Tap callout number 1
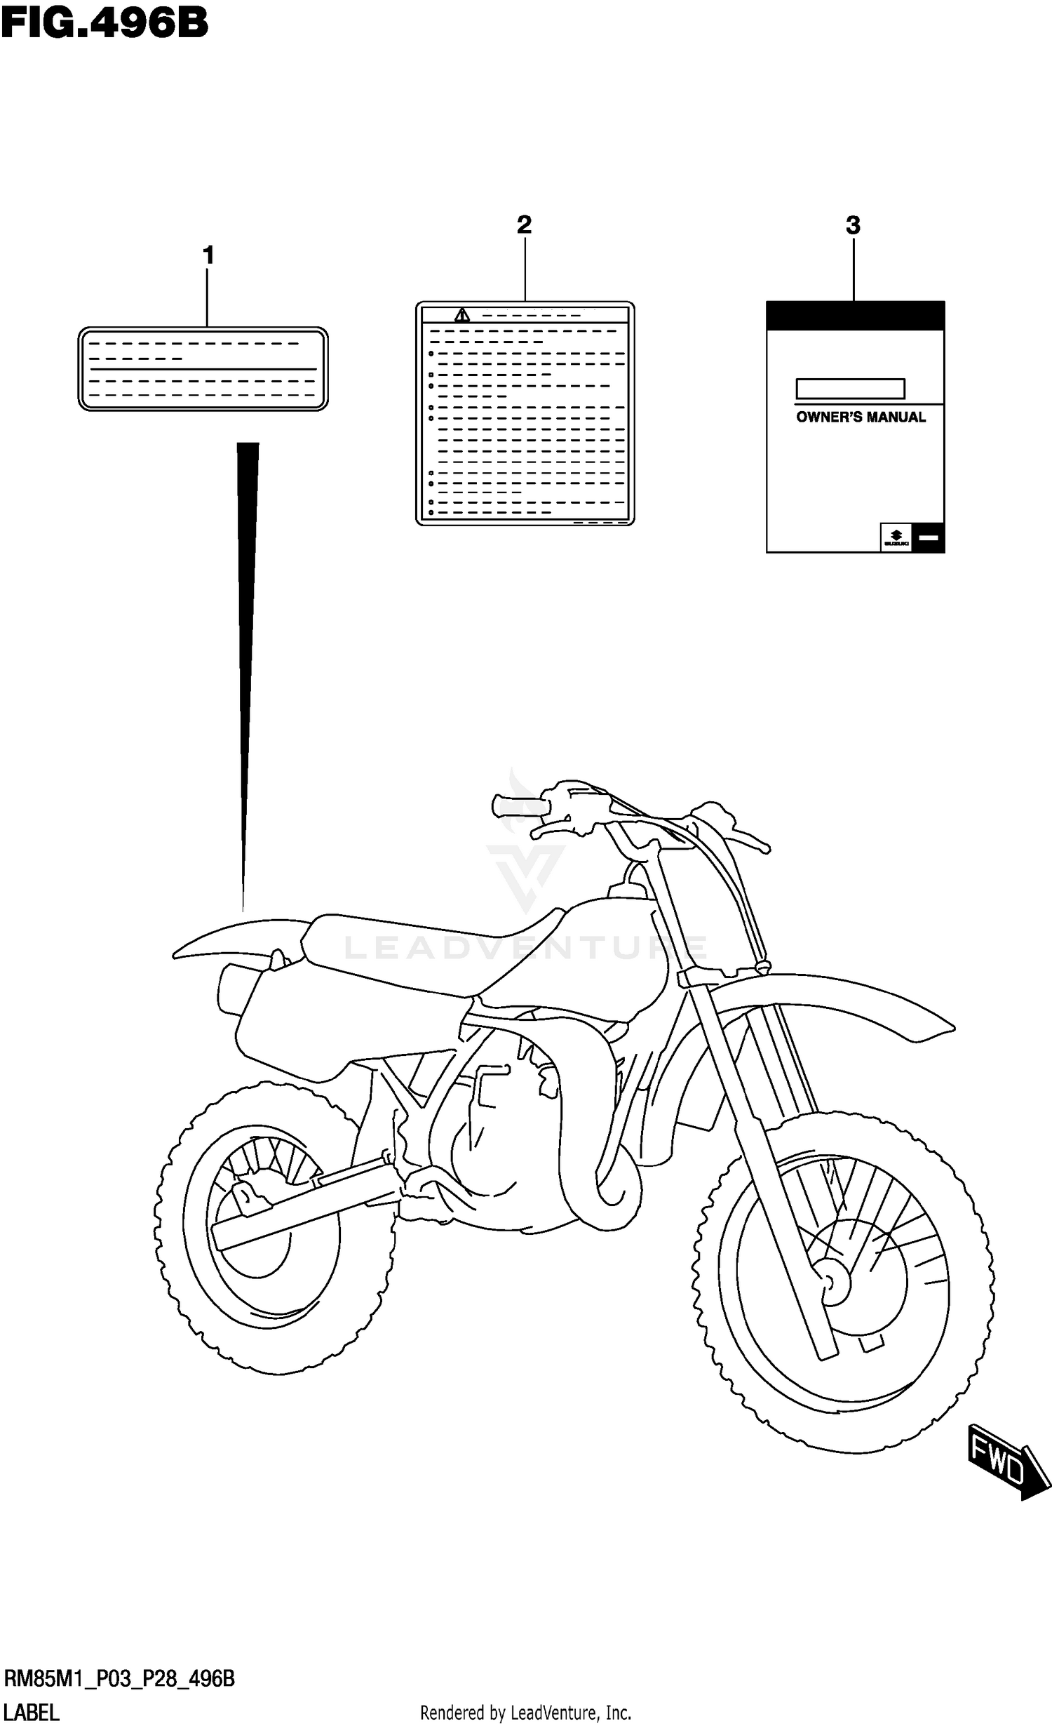(208, 255)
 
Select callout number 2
(524, 225)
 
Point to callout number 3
(853, 225)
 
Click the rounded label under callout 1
(203, 368)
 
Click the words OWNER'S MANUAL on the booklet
(861, 417)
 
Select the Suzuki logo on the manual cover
(896, 537)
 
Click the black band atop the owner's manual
(855, 315)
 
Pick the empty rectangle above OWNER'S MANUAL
(850, 389)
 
